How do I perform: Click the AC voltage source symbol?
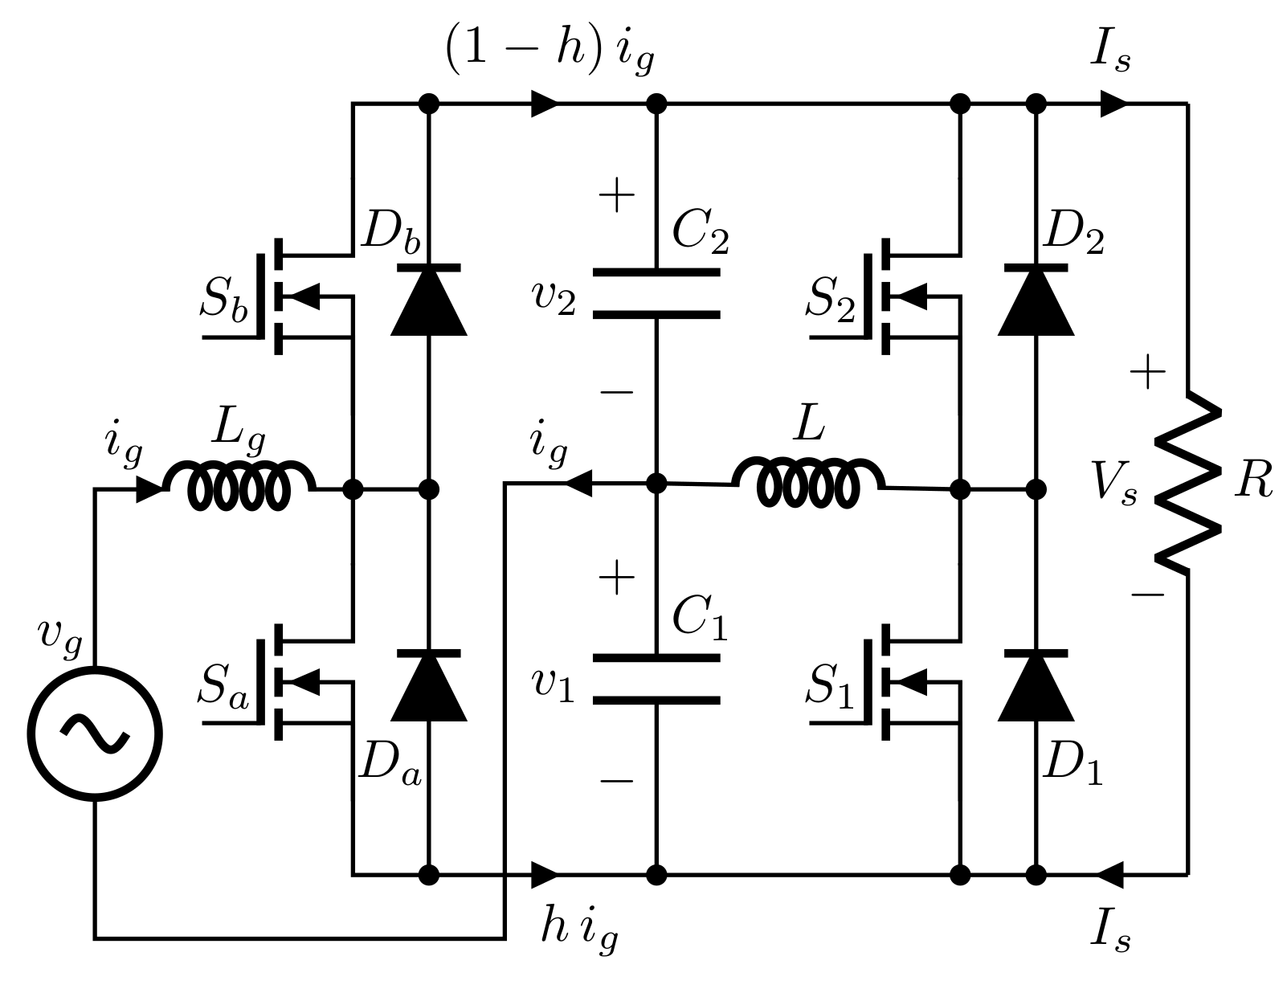coord(95,733)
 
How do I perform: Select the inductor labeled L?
coord(809,484)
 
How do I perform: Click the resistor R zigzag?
coord(1187,482)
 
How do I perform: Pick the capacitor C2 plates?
coord(656,293)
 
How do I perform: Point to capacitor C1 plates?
coord(656,679)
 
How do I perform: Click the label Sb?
coord(224,303)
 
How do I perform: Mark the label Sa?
coord(224,689)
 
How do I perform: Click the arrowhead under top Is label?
coord(1113,104)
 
